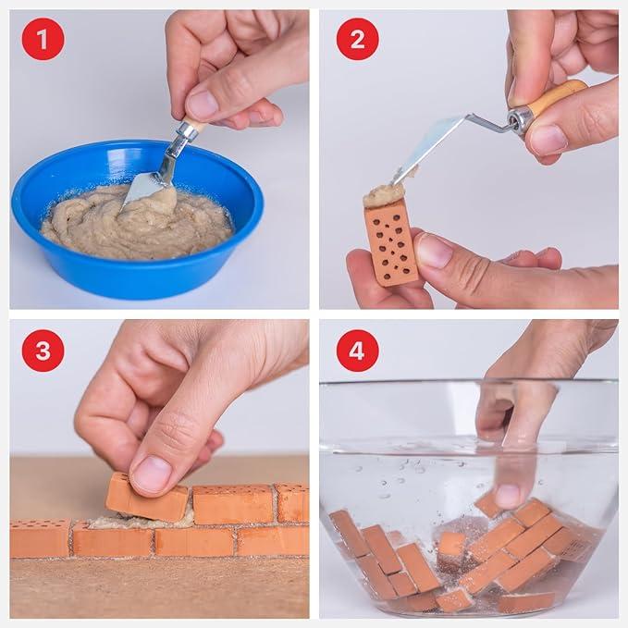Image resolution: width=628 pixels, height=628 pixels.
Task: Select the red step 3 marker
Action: point(43,350)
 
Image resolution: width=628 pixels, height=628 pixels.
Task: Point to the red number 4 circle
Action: point(357,350)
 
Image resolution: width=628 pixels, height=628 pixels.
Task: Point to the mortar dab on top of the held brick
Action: point(384,193)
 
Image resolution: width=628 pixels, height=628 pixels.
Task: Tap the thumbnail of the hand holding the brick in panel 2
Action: point(434,251)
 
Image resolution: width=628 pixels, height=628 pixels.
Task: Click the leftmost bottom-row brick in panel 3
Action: point(39,537)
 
